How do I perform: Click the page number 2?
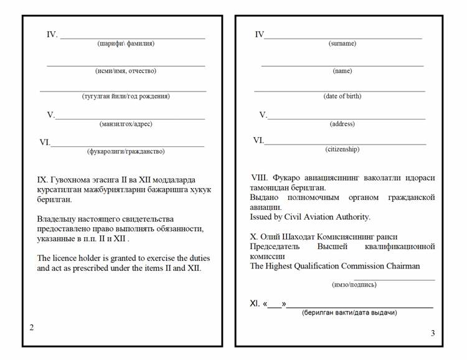(x=32, y=328)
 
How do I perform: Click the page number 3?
(x=433, y=333)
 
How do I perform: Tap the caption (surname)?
(x=342, y=44)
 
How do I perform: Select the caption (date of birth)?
(x=342, y=96)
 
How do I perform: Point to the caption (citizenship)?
(x=342, y=149)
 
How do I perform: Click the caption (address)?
(x=342, y=124)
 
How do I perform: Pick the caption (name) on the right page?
(x=342, y=71)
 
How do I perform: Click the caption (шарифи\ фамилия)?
(x=126, y=44)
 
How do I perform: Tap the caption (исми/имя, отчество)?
(x=126, y=71)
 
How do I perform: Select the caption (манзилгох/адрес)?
(x=126, y=124)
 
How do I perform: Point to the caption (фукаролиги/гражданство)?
(x=126, y=151)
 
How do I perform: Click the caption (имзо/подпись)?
(x=354, y=285)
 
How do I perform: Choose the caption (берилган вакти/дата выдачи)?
(x=349, y=312)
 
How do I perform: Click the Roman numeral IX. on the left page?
(x=44, y=179)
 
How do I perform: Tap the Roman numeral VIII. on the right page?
(x=260, y=178)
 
